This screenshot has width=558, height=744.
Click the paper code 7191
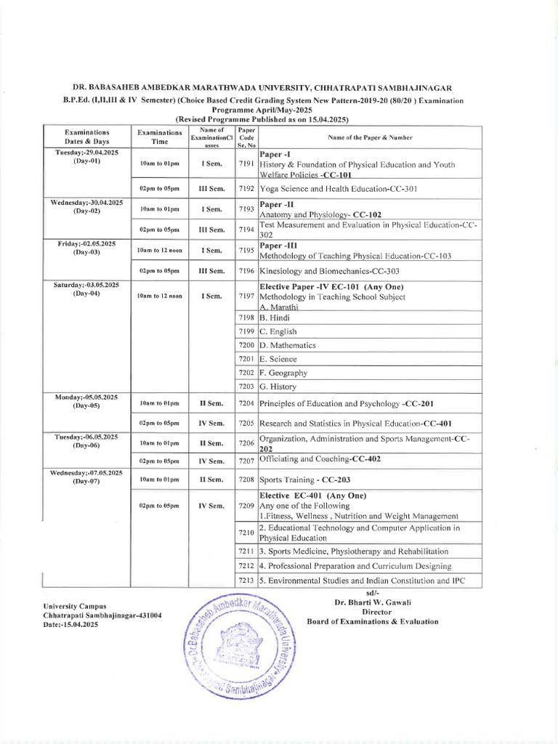[x=246, y=165]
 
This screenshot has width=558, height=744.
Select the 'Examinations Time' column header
[x=160, y=137]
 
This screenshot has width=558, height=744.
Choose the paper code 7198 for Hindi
[x=246, y=318]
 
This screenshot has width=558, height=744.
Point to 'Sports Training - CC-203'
[x=309, y=480]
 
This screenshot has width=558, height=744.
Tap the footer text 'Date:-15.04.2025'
[x=70, y=624]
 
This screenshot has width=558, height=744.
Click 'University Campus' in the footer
[x=75, y=605]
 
